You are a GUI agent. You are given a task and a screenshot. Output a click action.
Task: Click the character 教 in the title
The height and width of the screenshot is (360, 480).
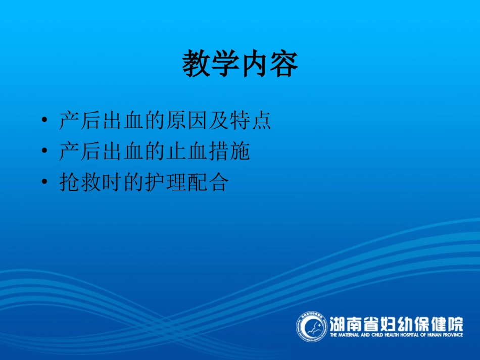coord(196,64)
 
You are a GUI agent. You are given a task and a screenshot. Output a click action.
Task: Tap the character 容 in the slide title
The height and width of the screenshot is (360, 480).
coord(283,64)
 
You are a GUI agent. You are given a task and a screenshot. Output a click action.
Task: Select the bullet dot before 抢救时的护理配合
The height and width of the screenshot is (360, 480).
coord(45,182)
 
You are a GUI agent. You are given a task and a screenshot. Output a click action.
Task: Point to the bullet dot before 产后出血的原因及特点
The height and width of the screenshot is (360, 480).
coord(45,121)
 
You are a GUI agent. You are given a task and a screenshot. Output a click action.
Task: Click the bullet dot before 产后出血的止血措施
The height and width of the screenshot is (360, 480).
coord(45,151)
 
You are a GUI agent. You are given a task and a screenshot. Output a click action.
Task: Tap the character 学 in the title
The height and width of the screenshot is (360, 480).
coord(225,64)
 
